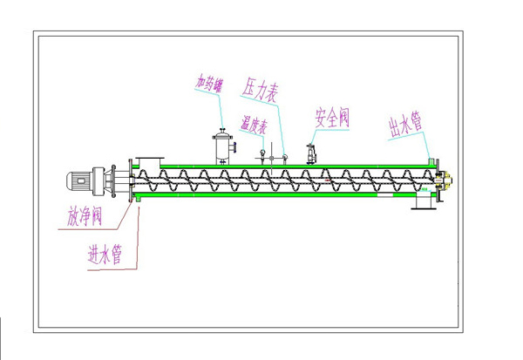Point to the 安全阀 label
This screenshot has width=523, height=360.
(331, 118)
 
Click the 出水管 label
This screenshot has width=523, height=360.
(405, 125)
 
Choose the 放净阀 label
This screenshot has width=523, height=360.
(86, 216)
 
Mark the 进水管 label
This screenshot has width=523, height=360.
(104, 255)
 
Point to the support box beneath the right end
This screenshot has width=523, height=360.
(424, 200)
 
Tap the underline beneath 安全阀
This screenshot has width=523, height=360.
(332, 129)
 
